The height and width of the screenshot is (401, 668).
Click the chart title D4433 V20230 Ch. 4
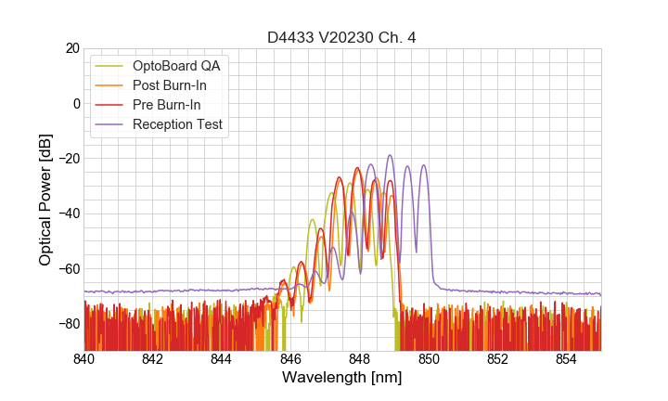click(x=342, y=37)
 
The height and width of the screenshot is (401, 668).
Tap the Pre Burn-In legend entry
click(x=177, y=105)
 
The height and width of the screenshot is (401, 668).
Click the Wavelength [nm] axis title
click(x=342, y=379)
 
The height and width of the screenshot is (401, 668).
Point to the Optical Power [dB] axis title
click(x=45, y=200)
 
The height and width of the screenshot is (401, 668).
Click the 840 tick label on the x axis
click(x=83, y=358)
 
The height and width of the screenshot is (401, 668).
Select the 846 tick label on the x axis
click(x=290, y=358)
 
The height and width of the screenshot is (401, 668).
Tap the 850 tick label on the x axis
click(x=429, y=358)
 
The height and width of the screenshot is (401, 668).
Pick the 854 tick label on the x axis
click(x=567, y=358)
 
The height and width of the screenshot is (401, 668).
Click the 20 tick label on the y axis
click(x=71, y=48)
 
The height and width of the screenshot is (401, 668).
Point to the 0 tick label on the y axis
click(x=74, y=103)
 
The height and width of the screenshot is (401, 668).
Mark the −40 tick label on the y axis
click(x=67, y=213)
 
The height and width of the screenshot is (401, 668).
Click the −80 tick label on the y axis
click(x=67, y=323)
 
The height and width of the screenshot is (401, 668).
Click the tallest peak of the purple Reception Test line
click(x=390, y=155)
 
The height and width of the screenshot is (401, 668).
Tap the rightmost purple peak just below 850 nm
click(x=424, y=165)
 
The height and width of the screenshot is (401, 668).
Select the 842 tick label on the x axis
click(x=152, y=358)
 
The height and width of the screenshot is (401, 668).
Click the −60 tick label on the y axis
click(x=67, y=268)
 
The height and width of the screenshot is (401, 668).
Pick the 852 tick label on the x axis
click(x=497, y=358)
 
